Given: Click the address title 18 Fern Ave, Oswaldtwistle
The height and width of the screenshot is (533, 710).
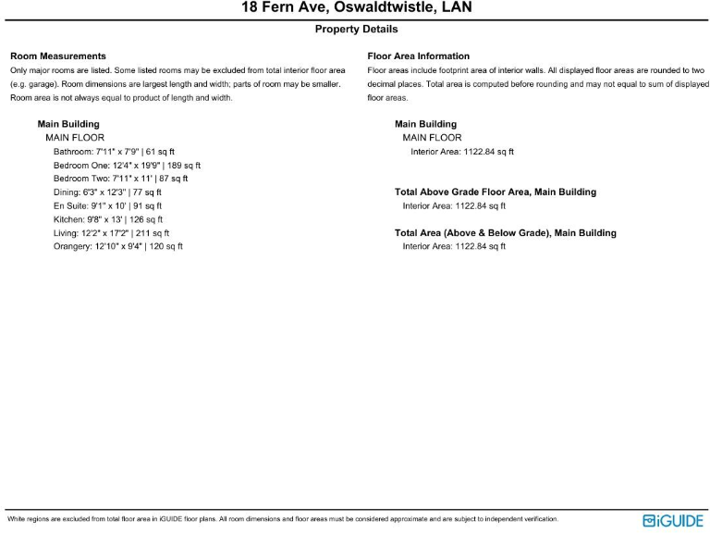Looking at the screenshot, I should tap(355, 8).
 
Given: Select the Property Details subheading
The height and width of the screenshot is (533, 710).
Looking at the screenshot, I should tap(355, 30).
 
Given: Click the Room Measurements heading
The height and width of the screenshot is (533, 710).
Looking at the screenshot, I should tap(57, 56).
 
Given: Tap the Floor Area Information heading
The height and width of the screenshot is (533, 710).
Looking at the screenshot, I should tap(418, 56).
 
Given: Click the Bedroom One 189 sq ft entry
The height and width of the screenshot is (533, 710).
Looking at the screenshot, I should tap(127, 165).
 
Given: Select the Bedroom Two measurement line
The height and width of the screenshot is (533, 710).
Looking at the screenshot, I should tap(120, 179).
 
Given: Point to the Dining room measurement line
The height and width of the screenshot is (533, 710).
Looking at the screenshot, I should tap(107, 192).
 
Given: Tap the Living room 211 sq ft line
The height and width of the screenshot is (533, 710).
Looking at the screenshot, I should tap(111, 233).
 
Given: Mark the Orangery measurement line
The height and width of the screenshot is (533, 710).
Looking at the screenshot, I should tap(117, 247).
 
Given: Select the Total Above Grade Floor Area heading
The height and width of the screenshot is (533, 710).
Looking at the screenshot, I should tap(495, 192).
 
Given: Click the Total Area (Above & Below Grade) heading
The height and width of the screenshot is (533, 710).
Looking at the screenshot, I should tap(505, 233).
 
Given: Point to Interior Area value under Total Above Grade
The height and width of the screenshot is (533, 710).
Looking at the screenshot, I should tap(454, 206).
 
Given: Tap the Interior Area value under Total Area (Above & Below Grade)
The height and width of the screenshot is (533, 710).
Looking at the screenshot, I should tap(454, 247).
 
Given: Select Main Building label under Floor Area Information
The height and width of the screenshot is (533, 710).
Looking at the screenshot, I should tap(425, 124).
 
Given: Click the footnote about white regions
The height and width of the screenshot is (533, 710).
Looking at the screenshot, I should tap(282, 519).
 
